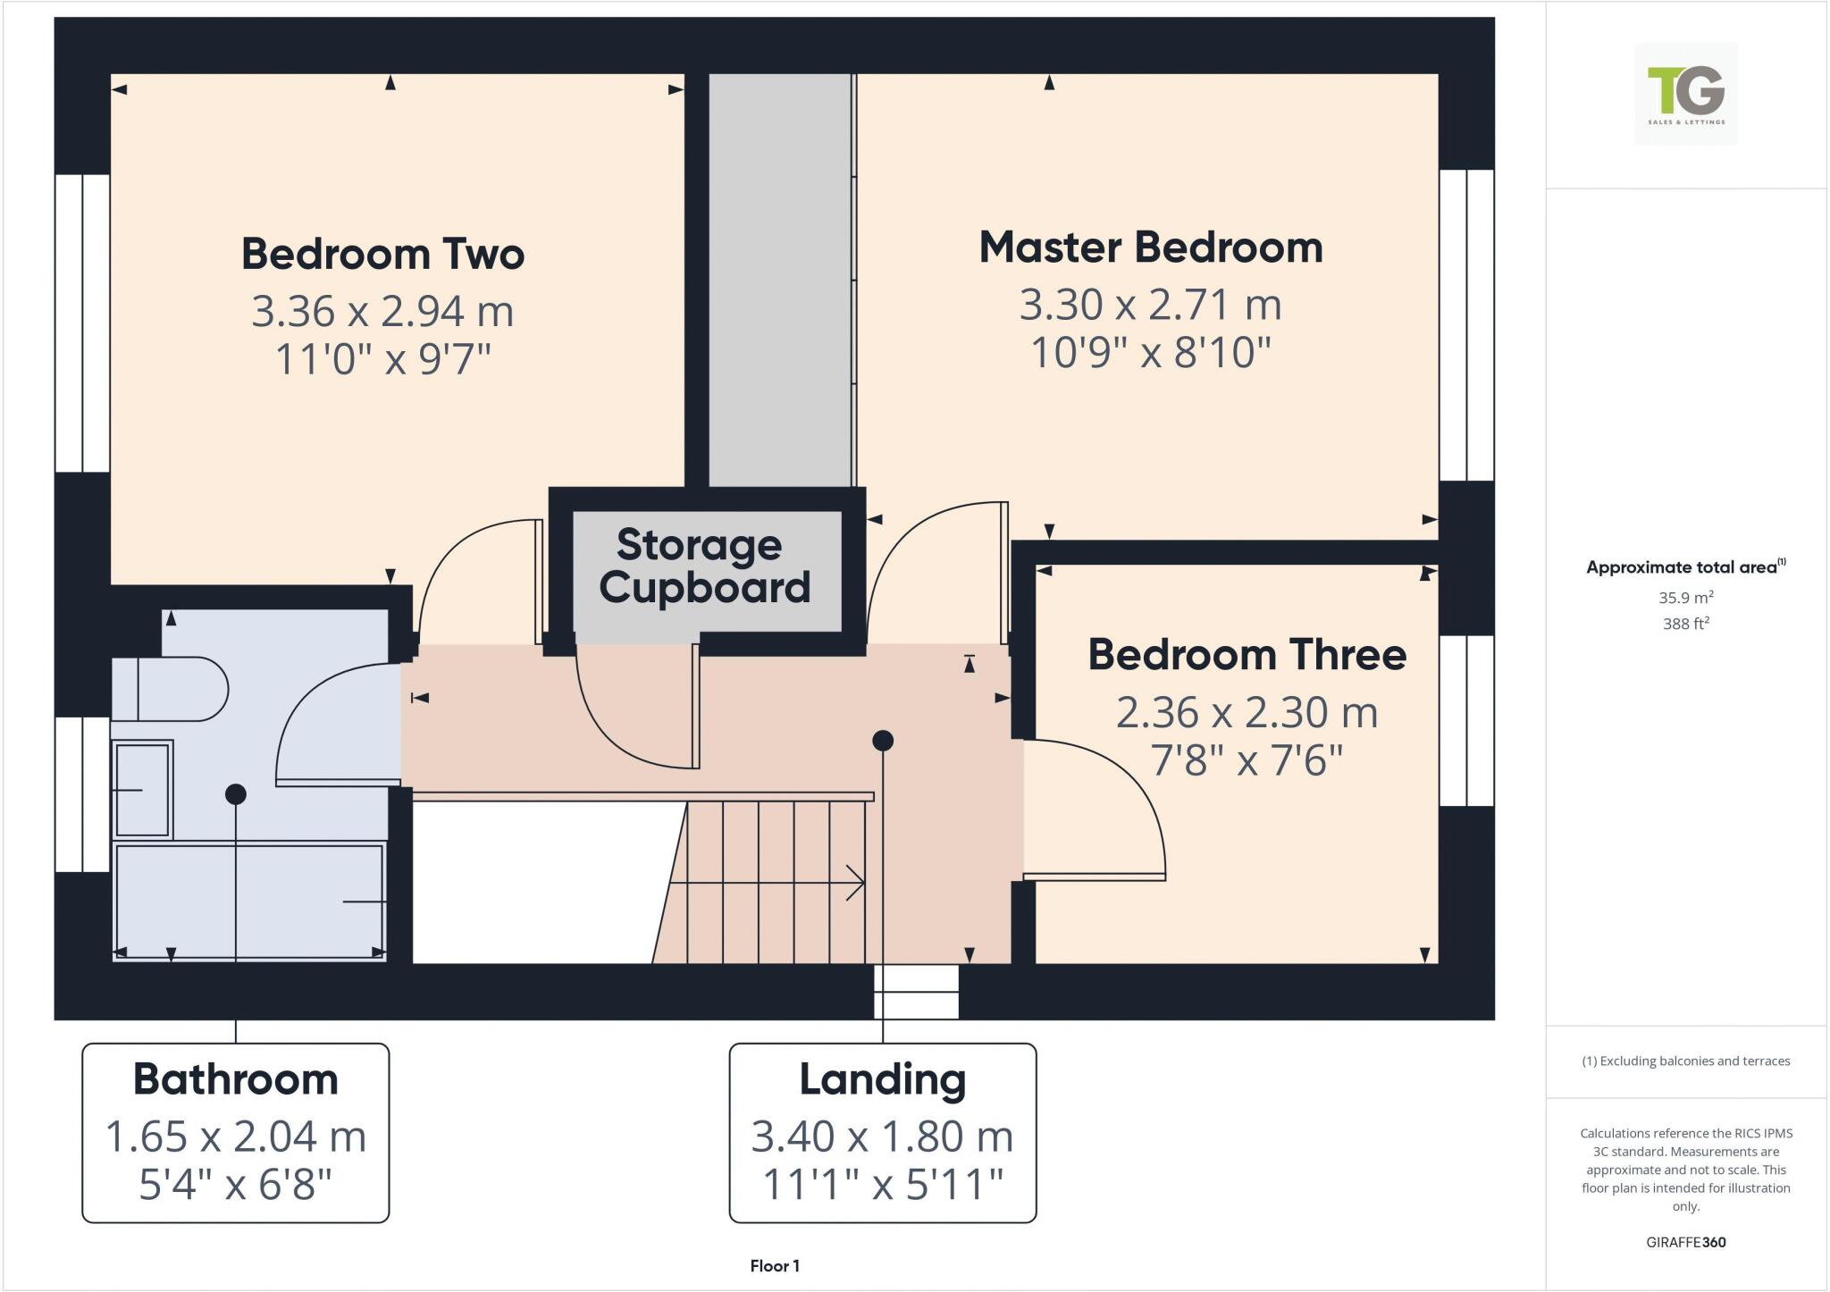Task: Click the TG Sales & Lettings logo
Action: (1685, 94)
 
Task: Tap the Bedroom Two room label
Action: (382, 254)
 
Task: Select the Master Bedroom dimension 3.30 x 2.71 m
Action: (1150, 305)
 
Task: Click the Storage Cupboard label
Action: (703, 566)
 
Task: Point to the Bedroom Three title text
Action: (1247, 655)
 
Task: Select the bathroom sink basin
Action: (142, 789)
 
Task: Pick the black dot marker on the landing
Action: (883, 741)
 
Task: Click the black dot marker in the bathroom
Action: (236, 793)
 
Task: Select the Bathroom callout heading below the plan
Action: (236, 1079)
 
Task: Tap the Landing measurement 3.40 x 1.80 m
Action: (882, 1137)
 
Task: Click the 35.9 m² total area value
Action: (1685, 598)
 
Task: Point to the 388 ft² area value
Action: (1685, 624)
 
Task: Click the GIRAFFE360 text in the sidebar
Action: (1685, 1242)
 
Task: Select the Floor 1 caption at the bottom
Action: (775, 1266)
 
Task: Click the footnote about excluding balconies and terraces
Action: (1685, 1061)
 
